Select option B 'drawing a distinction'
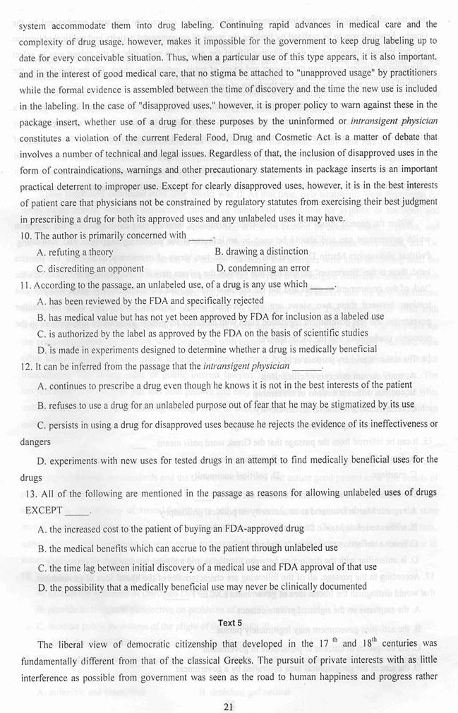pyautogui.click(x=262, y=251)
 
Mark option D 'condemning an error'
pyautogui.click(x=263, y=268)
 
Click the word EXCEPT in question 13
pyautogui.click(x=44, y=509)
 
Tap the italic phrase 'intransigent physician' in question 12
pyautogui.click(x=246, y=366)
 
